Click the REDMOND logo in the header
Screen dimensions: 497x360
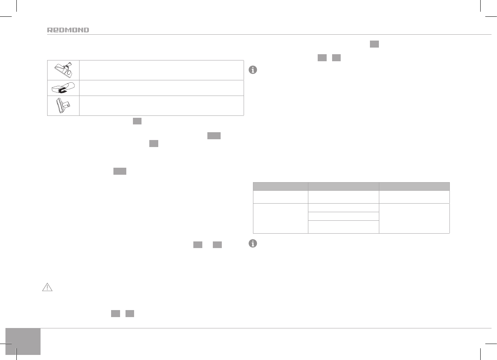(x=68, y=30)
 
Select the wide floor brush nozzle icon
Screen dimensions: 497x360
(x=63, y=70)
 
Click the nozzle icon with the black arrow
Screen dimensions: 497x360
(x=63, y=88)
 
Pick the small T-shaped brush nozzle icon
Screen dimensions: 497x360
(x=63, y=106)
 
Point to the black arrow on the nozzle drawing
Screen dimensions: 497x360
(x=62, y=91)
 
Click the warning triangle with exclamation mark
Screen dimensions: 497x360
(x=47, y=287)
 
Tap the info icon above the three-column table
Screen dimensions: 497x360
(x=253, y=70)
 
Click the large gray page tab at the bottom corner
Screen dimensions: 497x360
(x=23, y=341)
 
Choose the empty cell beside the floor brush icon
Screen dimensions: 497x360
(x=161, y=70)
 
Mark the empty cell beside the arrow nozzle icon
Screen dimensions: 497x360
(x=161, y=88)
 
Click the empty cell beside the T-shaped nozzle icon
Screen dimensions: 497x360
(x=161, y=106)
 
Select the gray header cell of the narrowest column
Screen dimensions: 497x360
(x=280, y=186)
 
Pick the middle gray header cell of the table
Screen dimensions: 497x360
(x=343, y=186)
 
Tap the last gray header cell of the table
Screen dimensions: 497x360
(x=414, y=186)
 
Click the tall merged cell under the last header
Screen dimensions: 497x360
(x=414, y=218)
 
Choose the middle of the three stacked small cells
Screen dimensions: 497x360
(x=343, y=216)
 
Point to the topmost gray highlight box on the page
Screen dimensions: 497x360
(x=374, y=44)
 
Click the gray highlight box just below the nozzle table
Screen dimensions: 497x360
(x=137, y=121)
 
